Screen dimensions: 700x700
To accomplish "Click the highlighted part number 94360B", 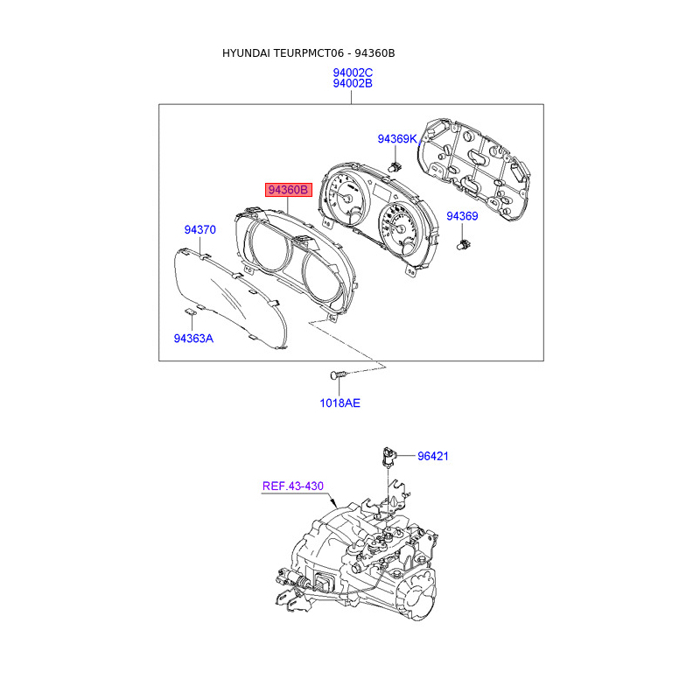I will coord(289,190).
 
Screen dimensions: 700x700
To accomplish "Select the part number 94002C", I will coord(353,72).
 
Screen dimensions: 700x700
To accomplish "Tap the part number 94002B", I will coord(353,84).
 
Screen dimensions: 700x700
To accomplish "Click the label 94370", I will coord(199,230).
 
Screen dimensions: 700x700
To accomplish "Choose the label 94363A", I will coord(193,338).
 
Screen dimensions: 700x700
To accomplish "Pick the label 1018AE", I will coord(339,403).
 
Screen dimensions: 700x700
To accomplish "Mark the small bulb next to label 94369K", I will coord(395,166).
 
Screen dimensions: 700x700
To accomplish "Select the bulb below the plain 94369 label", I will coord(463,248).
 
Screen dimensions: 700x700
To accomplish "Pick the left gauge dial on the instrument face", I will coord(347,199).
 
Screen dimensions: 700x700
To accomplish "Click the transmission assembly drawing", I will coord(367,569).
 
